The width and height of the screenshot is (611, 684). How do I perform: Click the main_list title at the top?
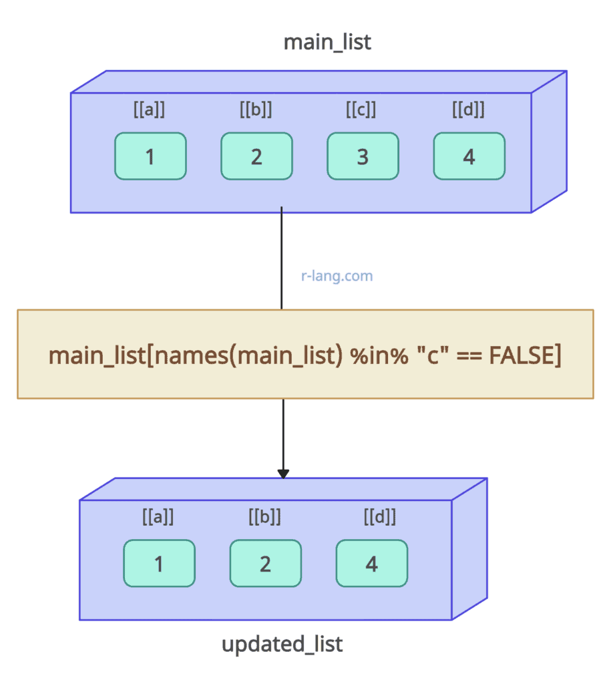[x=327, y=42]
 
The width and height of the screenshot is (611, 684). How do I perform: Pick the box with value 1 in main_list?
[x=150, y=156]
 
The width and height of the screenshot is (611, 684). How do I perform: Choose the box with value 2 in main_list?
[x=256, y=156]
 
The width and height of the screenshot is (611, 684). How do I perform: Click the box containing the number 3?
[x=363, y=156]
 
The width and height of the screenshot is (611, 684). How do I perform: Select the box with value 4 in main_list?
[x=469, y=156]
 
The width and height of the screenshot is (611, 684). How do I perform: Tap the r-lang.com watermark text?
[x=337, y=275]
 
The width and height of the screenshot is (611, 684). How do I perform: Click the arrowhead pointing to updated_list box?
[x=283, y=474]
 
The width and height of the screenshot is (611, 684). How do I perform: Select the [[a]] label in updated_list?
[x=158, y=517]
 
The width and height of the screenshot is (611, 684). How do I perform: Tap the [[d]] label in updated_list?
[x=380, y=517]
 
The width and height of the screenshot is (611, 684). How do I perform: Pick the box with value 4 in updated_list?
[x=371, y=563]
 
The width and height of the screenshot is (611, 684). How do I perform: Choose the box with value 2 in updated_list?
[x=265, y=563]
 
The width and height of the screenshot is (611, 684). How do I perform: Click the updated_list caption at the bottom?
[x=282, y=645]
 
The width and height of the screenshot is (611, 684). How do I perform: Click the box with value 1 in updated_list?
[x=159, y=563]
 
